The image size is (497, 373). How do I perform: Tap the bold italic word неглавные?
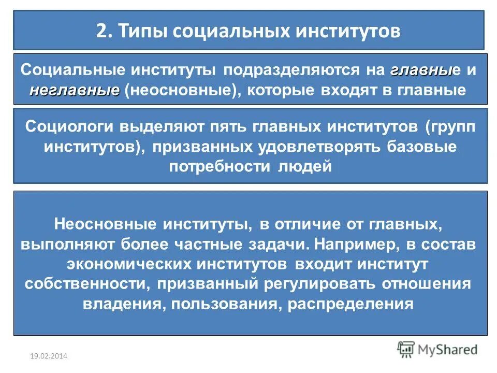point(75,90)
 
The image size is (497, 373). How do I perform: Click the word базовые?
point(421,147)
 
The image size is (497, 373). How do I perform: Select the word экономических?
point(129,264)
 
